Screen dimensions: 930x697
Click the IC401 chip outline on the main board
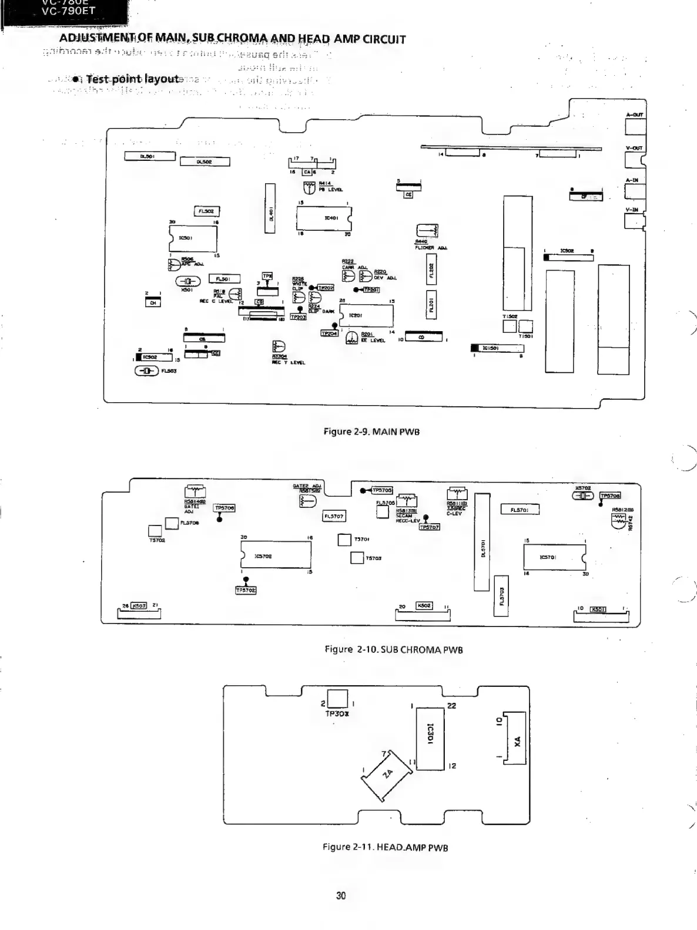pos(323,219)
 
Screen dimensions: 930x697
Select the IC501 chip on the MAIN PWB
pos(193,238)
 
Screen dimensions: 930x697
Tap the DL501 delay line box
pos(149,156)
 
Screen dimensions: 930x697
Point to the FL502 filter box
pos(206,211)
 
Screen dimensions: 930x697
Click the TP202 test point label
pos(325,288)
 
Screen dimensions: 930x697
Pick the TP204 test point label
pos(329,333)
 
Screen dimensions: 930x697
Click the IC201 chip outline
pos(366,316)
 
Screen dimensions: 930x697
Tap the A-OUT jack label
pos(635,115)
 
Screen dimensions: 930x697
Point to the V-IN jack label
pos(632,210)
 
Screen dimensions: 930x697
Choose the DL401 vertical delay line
pos(270,208)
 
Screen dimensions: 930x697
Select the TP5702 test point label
pos(246,590)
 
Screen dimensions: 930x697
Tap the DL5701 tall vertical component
pos(482,541)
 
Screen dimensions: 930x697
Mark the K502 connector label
pos(424,605)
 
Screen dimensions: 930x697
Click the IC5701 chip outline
pos(554,556)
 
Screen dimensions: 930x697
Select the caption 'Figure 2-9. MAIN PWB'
pos(371,432)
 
